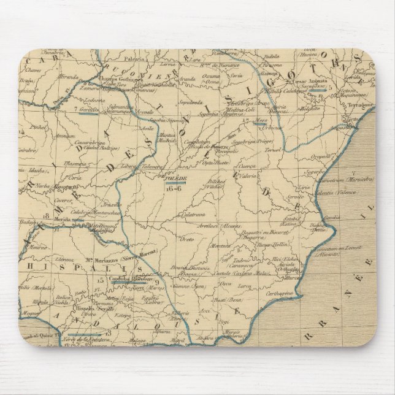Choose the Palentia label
[x=137, y=59]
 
